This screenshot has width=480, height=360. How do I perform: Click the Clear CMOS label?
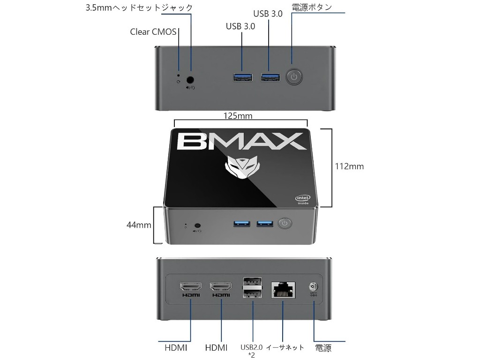(153, 32)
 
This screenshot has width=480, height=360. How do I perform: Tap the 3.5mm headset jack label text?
(139, 7)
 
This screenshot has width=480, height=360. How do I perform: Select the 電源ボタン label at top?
(311, 7)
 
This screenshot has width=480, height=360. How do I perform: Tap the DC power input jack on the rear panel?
(313, 286)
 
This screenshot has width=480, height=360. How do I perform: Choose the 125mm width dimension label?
(238, 116)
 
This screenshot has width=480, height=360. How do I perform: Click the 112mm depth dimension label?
(349, 166)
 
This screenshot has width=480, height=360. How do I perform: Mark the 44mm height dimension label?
(139, 225)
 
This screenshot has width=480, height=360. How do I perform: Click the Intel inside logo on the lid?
(302, 199)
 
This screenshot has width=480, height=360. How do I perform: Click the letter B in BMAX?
(189, 141)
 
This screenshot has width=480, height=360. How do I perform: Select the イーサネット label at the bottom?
(285, 347)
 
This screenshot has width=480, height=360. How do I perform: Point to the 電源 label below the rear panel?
(323, 348)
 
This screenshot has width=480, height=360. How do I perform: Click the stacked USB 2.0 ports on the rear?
(252, 288)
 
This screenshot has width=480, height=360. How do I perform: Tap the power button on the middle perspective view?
(285, 223)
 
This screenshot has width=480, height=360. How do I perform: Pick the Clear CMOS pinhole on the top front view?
(178, 74)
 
